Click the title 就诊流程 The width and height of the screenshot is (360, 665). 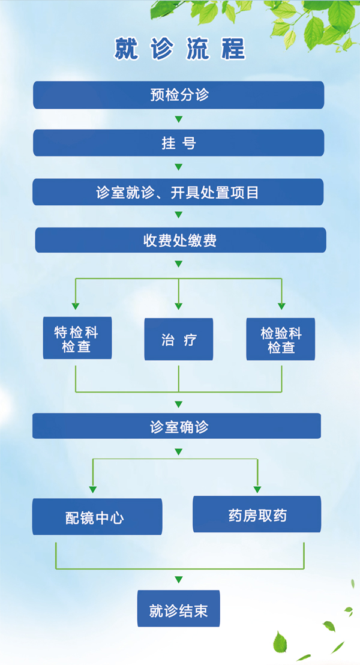[x=179, y=49]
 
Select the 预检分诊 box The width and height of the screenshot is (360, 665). [x=178, y=95]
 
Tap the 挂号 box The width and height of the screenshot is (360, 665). [x=178, y=143]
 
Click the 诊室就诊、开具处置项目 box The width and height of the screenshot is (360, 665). [x=178, y=192]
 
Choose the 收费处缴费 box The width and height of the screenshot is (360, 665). [x=180, y=240]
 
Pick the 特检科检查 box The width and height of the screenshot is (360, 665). [x=77, y=339]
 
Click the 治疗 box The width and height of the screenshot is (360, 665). [x=179, y=340]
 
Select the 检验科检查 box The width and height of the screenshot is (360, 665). [x=281, y=339]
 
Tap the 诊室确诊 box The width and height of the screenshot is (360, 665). [x=177, y=426]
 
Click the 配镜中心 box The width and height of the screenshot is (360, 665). [x=97, y=517]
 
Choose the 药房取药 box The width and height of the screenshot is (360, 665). [x=257, y=514]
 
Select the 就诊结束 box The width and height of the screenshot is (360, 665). [x=178, y=609]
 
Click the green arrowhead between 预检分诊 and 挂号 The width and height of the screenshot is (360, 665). [x=178, y=119]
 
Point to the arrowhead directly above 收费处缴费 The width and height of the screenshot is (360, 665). [x=178, y=215]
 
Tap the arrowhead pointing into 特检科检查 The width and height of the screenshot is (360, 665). [x=76, y=304]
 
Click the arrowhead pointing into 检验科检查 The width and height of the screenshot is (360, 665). [x=281, y=304]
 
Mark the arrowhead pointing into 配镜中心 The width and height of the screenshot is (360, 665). [x=92, y=489]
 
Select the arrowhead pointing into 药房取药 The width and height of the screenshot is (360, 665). [x=257, y=489]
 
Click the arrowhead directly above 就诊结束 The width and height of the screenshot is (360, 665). [x=178, y=579]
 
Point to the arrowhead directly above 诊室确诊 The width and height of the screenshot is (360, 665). [x=178, y=404]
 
